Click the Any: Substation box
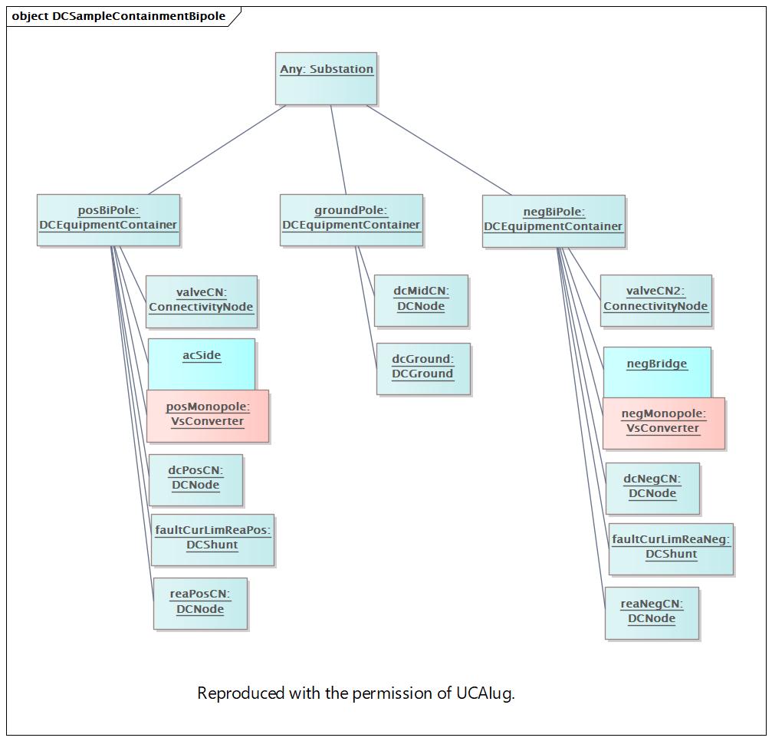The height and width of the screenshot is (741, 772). click(326, 79)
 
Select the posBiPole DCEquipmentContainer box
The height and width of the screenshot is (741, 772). click(108, 220)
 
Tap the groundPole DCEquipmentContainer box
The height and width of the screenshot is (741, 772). click(352, 220)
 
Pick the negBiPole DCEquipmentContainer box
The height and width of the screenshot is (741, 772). click(554, 222)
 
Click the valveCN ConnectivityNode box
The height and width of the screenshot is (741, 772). click(202, 302)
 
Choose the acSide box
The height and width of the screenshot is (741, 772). click(202, 364)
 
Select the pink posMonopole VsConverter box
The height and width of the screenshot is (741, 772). click(208, 417)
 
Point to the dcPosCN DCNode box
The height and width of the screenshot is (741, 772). click(196, 480)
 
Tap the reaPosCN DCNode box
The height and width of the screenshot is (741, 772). click(200, 604)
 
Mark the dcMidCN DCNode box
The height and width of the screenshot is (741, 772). click(422, 301)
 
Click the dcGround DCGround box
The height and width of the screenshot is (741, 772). click(423, 369)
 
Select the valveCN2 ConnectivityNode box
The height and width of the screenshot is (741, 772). click(656, 301)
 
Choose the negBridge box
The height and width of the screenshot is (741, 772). click(657, 373)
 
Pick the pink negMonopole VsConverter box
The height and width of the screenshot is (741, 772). click(664, 423)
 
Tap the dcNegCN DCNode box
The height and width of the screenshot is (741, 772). click(653, 489)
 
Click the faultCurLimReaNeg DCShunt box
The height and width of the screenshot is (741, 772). click(671, 549)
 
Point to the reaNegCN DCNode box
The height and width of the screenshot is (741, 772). click(652, 614)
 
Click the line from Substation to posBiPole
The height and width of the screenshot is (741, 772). click(217, 150)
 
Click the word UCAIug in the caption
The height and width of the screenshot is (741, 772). click(485, 693)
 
